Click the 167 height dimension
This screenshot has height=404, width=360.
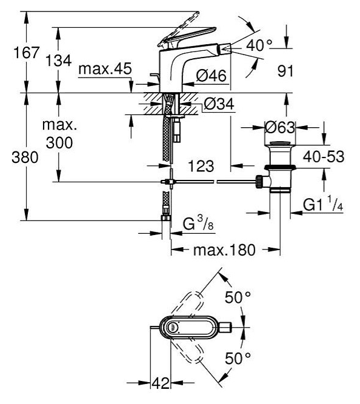(x=27, y=53)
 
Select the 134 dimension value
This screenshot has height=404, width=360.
(x=59, y=61)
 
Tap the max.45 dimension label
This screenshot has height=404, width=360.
(x=105, y=69)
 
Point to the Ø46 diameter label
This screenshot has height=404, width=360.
(x=211, y=76)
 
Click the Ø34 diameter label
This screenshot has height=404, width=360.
(x=219, y=104)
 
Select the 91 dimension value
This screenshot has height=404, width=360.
(x=285, y=71)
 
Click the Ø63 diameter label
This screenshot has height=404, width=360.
(x=280, y=127)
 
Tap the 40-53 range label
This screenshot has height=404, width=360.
(x=324, y=157)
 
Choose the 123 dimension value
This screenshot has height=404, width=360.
(x=201, y=166)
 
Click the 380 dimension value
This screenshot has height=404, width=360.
(x=25, y=157)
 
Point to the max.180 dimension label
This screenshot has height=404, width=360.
(x=224, y=250)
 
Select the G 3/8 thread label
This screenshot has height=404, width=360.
(x=198, y=223)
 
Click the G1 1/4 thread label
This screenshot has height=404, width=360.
(x=323, y=204)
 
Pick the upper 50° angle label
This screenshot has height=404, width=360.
(x=238, y=297)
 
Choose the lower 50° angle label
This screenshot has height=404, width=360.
(x=238, y=358)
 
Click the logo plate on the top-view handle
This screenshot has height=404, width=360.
(x=172, y=328)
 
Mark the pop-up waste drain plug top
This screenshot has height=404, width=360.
(x=280, y=143)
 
